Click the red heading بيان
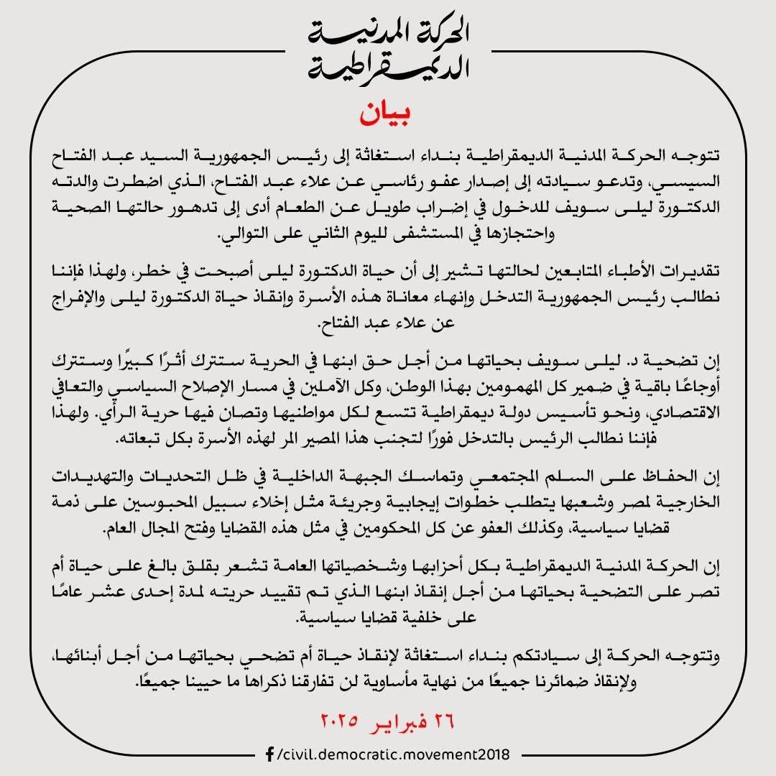pos(388,114)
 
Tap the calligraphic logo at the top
pos(388,50)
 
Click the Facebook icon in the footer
pos(269,754)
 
